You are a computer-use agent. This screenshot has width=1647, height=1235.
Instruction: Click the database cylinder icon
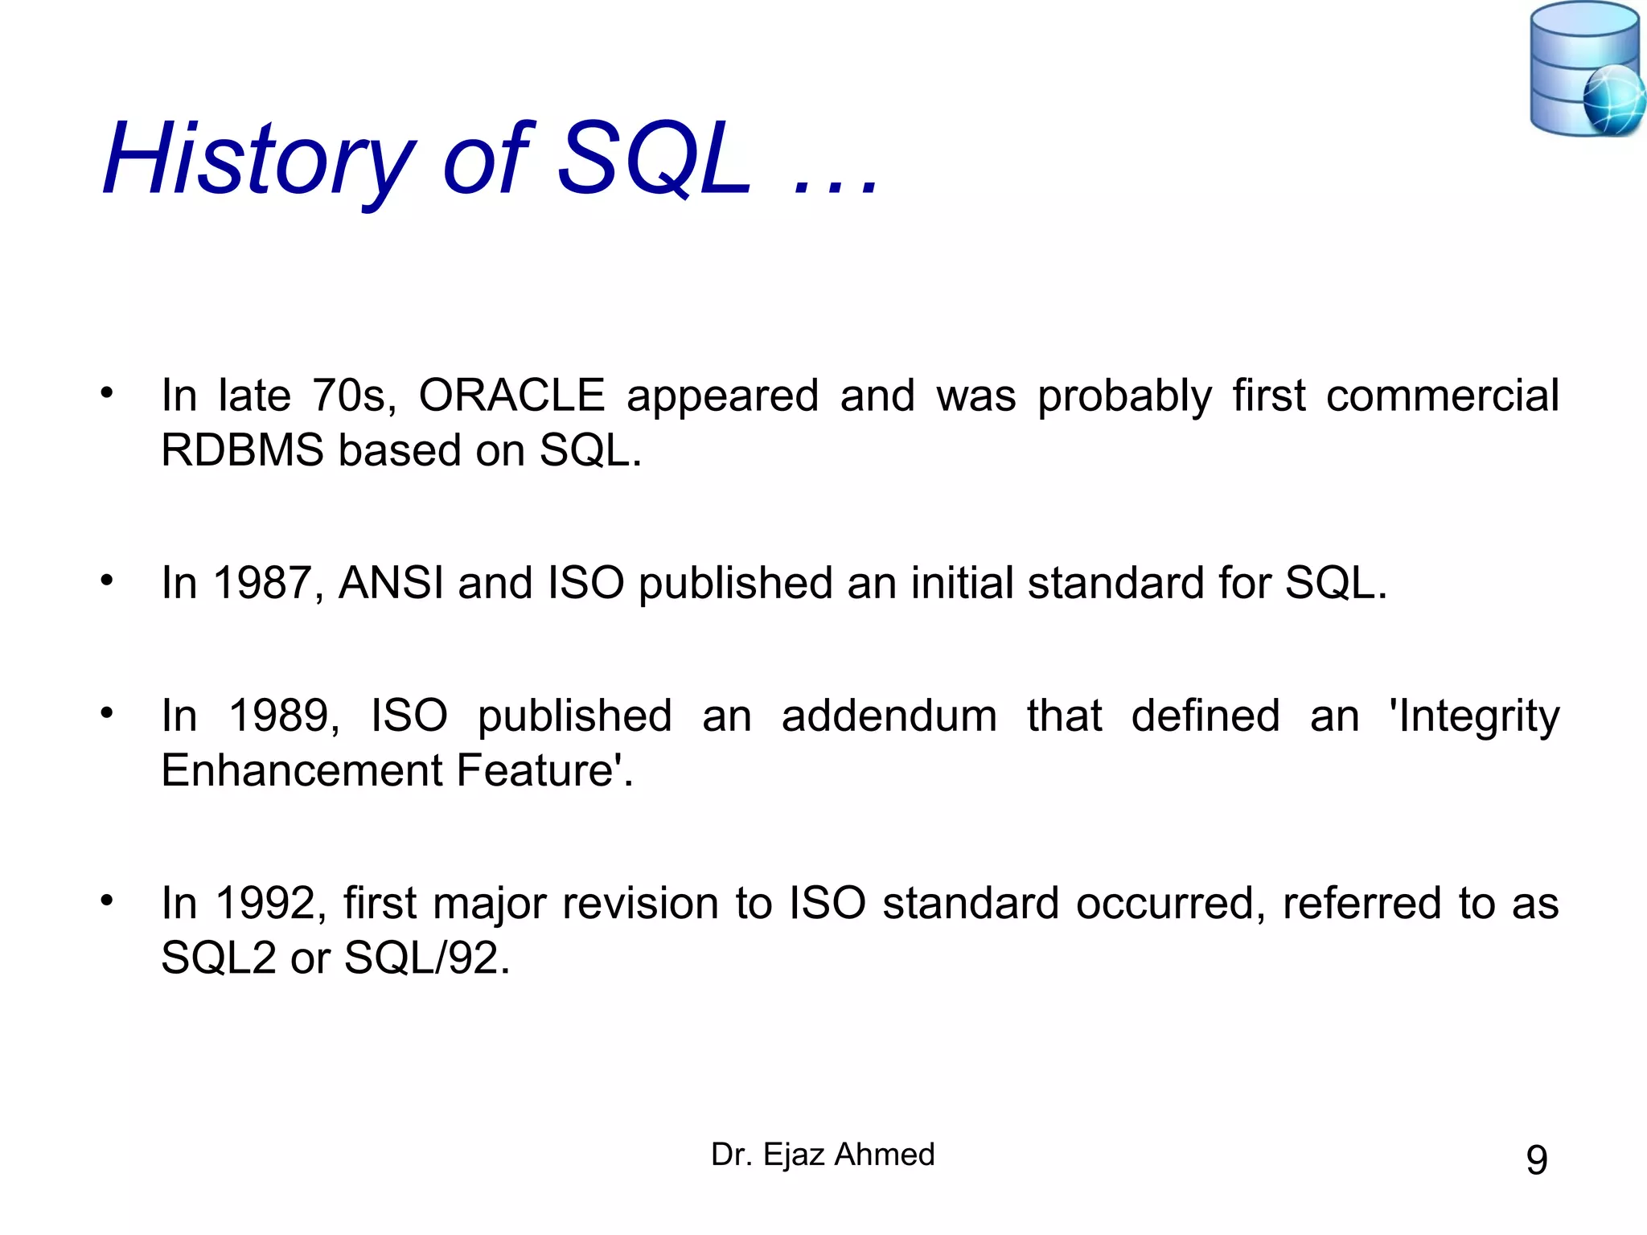(1572, 68)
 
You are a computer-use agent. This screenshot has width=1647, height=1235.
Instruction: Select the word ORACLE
(511, 396)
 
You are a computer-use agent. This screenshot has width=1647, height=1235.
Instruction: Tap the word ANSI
(391, 583)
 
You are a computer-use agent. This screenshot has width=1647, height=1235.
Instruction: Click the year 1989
(284, 716)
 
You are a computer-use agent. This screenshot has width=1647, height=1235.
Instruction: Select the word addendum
(889, 716)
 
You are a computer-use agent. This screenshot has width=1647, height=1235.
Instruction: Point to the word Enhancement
(302, 770)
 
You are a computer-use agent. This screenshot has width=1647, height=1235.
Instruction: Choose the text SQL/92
(425, 958)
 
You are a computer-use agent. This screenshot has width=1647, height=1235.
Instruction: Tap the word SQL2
(219, 958)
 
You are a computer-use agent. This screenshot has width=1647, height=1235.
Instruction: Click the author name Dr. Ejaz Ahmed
(823, 1155)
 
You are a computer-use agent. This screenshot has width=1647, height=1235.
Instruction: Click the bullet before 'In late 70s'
(107, 393)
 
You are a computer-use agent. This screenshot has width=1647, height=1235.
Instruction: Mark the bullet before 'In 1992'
(107, 901)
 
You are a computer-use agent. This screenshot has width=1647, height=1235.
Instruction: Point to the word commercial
(1442, 396)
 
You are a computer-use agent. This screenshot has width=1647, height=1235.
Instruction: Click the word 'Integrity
(1474, 716)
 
